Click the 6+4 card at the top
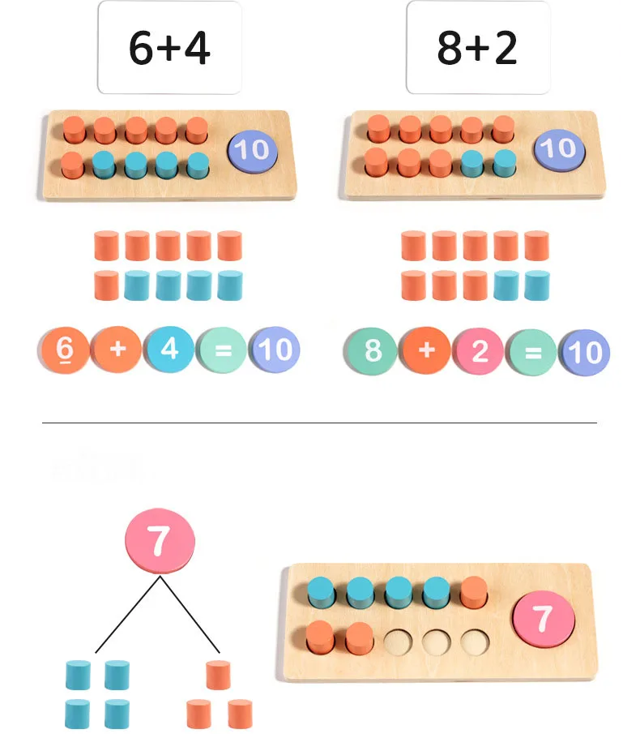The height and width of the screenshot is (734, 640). (169, 49)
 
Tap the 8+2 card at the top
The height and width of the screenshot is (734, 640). (477, 49)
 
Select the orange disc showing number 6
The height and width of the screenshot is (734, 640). (66, 350)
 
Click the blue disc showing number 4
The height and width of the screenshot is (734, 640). (169, 350)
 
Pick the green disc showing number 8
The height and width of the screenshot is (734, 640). (373, 350)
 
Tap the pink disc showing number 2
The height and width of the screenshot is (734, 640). (480, 350)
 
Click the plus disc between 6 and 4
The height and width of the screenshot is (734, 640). (118, 350)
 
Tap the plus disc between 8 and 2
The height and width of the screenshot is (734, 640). (426, 350)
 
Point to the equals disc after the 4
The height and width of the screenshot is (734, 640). (223, 350)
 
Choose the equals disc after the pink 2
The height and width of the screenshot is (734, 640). (532, 351)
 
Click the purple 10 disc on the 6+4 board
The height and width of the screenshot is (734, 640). (253, 151)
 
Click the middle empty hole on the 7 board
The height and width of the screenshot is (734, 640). (437, 642)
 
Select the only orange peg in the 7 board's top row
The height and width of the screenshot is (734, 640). (474, 592)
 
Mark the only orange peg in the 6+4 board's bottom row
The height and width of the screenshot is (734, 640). (73, 165)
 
